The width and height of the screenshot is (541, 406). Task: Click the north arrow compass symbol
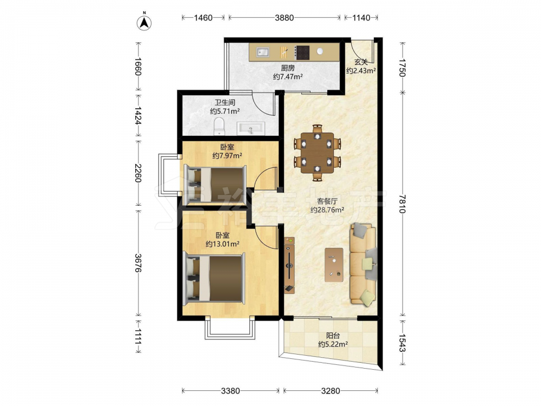(144, 22)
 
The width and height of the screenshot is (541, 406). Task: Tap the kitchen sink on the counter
(263, 52)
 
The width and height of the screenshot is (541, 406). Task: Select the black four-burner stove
(303, 53)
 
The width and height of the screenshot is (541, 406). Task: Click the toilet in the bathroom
(219, 126)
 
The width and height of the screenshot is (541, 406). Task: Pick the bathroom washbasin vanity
(251, 128)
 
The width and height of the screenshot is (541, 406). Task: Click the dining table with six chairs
(317, 153)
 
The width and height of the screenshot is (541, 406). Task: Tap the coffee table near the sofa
(334, 265)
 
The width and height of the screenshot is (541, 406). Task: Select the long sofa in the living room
(363, 265)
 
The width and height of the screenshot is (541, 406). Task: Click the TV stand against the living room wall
(289, 265)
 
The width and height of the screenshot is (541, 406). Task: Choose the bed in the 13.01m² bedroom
(214, 278)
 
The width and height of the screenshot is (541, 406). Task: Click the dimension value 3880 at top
(285, 18)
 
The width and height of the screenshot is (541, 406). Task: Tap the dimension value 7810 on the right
(403, 204)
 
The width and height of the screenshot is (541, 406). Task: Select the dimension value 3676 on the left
(137, 263)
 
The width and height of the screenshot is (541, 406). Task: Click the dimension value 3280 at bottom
(331, 391)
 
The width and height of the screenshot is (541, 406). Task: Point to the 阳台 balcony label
(333, 335)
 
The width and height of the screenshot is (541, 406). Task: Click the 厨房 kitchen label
(288, 68)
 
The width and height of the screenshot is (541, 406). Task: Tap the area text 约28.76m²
(327, 209)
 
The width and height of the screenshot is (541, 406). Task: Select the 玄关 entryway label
(361, 62)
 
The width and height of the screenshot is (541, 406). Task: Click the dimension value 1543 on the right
(403, 342)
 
